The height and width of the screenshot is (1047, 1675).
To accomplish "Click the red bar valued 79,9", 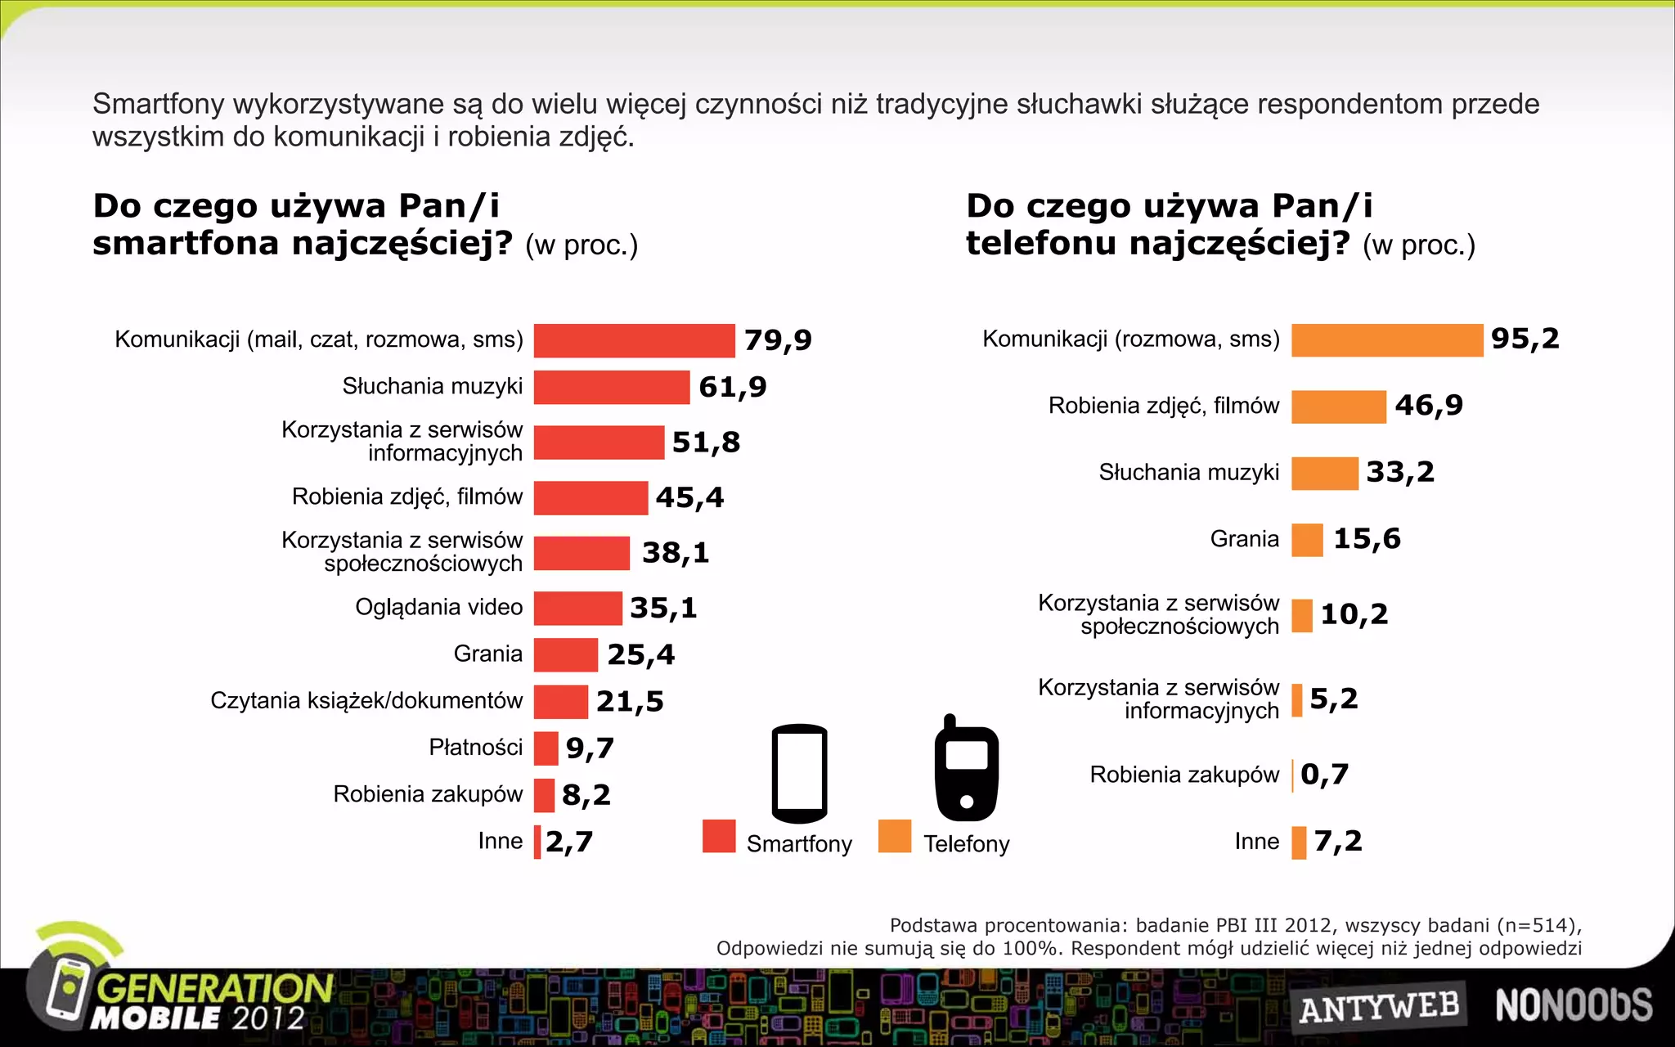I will pyautogui.click(x=634, y=340).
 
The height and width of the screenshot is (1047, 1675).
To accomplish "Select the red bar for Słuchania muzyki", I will pyautogui.click(x=611, y=387).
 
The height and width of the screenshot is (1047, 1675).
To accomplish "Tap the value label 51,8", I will pyautogui.click(x=706, y=443).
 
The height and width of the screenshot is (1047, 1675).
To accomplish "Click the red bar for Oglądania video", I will pyautogui.click(x=577, y=608).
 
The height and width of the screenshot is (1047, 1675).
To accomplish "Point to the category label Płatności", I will pyautogui.click(x=475, y=748).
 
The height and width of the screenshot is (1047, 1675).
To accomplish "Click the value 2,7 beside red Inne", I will pyautogui.click(x=568, y=842).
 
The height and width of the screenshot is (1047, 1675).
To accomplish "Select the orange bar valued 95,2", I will pyautogui.click(x=1386, y=339).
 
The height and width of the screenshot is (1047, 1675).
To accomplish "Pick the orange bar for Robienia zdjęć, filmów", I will pyautogui.click(x=1338, y=407).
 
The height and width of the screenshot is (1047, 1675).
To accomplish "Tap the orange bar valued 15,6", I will pyautogui.click(x=1307, y=540).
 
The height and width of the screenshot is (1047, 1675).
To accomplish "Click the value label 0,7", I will pyautogui.click(x=1324, y=775).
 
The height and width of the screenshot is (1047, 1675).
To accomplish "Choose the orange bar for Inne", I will pyautogui.click(x=1299, y=843).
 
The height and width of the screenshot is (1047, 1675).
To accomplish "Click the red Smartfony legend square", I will pyautogui.click(x=719, y=836).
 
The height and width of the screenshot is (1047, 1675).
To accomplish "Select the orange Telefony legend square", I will pyautogui.click(x=895, y=836).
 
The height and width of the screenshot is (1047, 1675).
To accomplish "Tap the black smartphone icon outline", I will pyautogui.click(x=799, y=773).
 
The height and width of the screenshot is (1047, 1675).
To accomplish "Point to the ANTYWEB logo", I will pyautogui.click(x=1379, y=1007).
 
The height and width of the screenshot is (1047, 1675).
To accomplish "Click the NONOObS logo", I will pyautogui.click(x=1574, y=1005).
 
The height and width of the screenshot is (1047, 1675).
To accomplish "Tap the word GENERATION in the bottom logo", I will pyautogui.click(x=215, y=988).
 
